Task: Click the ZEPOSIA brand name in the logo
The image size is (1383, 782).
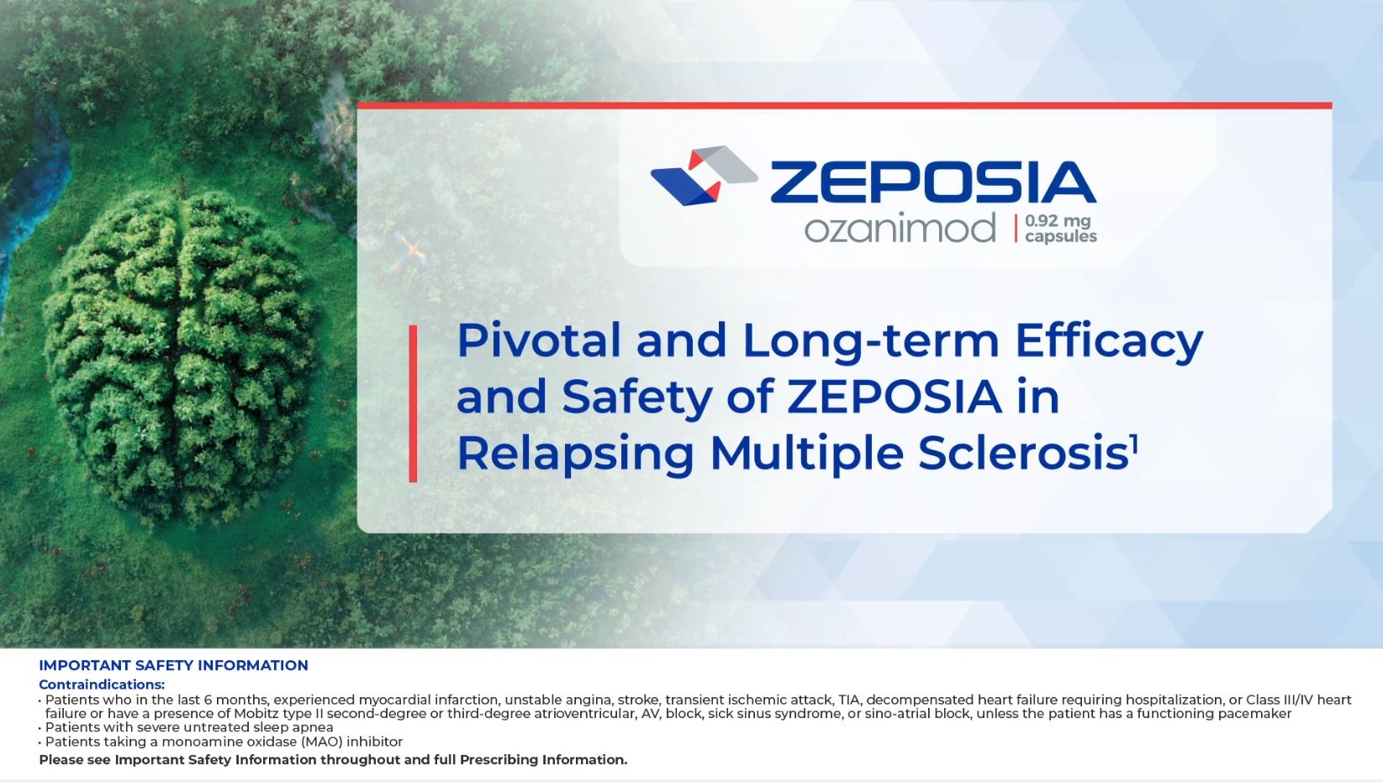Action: pos(933,182)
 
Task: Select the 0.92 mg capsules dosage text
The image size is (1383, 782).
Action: pos(1061,229)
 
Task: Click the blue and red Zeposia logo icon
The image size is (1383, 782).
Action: pos(704,176)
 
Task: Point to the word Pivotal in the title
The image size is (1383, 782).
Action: pos(538,341)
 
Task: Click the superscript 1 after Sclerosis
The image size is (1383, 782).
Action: pos(1133,443)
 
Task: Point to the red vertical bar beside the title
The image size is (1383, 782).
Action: pos(413,404)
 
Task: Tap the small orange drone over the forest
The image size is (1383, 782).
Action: pos(410,251)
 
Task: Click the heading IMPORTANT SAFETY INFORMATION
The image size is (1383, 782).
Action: pos(173,665)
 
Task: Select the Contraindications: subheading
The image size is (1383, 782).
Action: pos(102,684)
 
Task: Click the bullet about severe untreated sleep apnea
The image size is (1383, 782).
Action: pos(189,727)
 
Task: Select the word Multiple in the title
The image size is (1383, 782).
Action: pos(808,453)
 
